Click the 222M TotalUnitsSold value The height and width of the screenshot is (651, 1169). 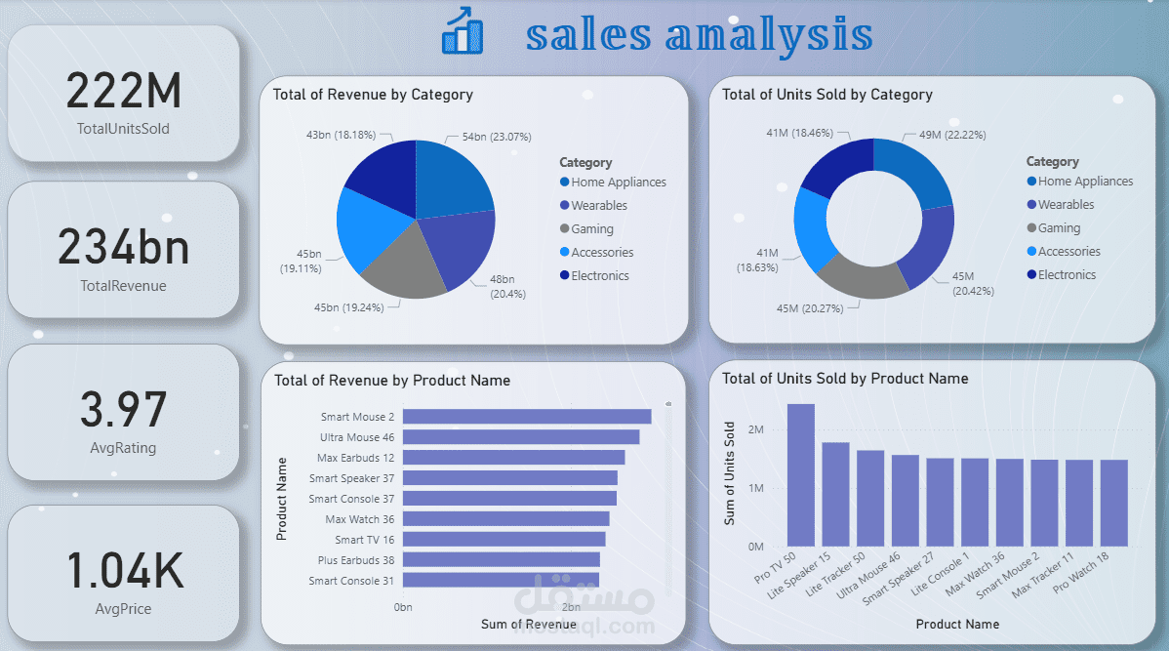tap(124, 92)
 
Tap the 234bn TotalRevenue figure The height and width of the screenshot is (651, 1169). tap(124, 247)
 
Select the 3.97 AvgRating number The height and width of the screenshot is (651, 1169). tap(124, 410)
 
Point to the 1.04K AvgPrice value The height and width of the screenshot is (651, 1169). tap(124, 570)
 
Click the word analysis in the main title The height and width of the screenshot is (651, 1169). tap(770, 34)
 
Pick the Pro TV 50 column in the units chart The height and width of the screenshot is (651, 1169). tap(800, 475)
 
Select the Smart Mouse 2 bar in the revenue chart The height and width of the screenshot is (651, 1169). tap(526, 417)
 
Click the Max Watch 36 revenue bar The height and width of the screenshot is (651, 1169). tap(505, 519)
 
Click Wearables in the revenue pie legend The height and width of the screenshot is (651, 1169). tap(599, 206)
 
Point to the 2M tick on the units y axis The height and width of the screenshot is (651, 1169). tap(755, 429)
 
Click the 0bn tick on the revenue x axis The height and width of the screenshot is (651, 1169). tap(403, 607)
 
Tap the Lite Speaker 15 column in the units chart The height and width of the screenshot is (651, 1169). tap(835, 494)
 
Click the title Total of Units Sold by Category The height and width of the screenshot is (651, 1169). tap(826, 95)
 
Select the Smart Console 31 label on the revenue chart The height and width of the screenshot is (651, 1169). tap(351, 581)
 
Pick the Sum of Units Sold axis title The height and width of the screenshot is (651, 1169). tap(729, 474)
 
